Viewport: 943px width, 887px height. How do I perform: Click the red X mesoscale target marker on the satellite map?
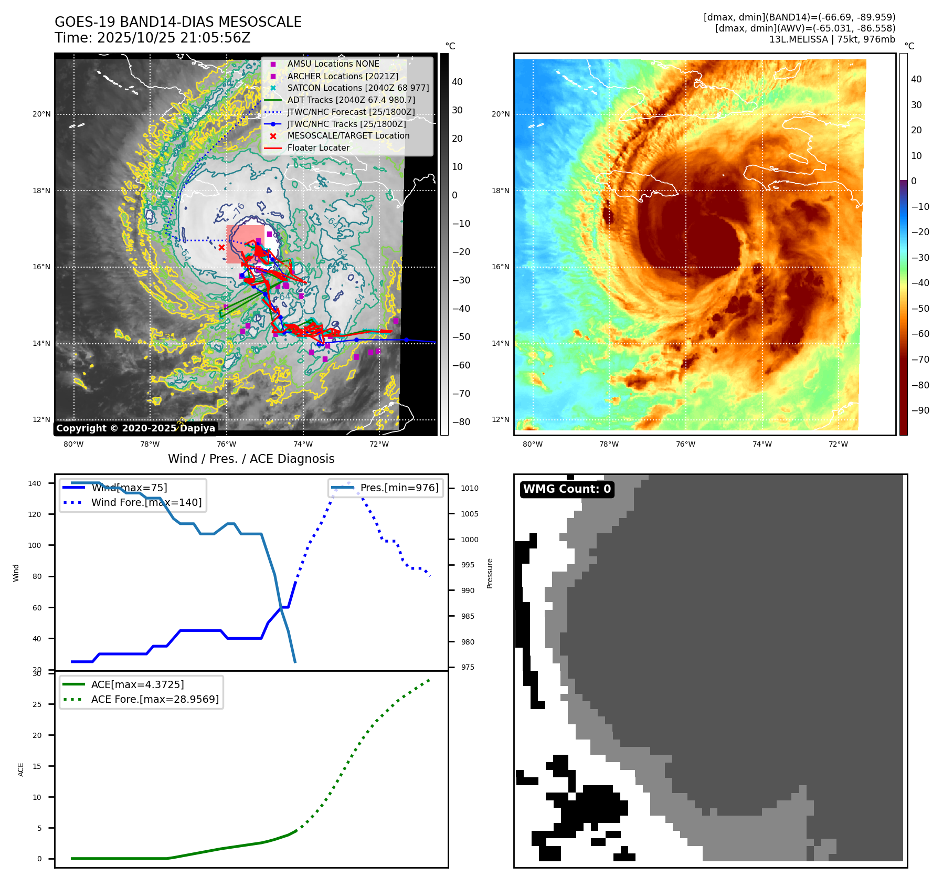click(221, 248)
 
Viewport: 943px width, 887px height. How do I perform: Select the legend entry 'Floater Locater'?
click(318, 148)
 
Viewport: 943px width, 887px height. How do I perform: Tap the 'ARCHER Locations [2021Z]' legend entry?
click(342, 76)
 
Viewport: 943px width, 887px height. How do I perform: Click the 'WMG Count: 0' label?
click(567, 489)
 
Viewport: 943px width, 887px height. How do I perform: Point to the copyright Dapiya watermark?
click(135, 428)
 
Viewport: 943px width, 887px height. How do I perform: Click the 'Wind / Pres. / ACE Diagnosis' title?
click(251, 459)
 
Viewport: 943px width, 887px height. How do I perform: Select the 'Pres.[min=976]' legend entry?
click(399, 488)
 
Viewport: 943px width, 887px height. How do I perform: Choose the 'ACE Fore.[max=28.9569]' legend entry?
click(155, 699)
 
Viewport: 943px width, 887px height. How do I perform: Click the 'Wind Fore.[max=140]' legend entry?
click(146, 502)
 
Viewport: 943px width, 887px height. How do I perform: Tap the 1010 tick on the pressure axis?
click(470, 488)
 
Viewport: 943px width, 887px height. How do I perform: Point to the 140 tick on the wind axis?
click(35, 483)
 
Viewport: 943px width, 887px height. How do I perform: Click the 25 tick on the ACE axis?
click(37, 704)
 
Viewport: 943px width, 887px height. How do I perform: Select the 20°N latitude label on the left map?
click(42, 114)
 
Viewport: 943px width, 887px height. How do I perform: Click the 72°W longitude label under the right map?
click(838, 444)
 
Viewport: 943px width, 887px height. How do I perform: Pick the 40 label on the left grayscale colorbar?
click(457, 82)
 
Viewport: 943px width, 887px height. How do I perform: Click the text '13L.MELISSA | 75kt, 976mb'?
click(832, 39)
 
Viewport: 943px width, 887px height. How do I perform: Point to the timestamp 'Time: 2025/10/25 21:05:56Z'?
click(152, 38)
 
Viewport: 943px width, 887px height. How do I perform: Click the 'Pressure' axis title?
click(490, 573)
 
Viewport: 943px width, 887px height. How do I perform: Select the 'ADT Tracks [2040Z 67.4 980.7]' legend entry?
click(351, 100)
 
